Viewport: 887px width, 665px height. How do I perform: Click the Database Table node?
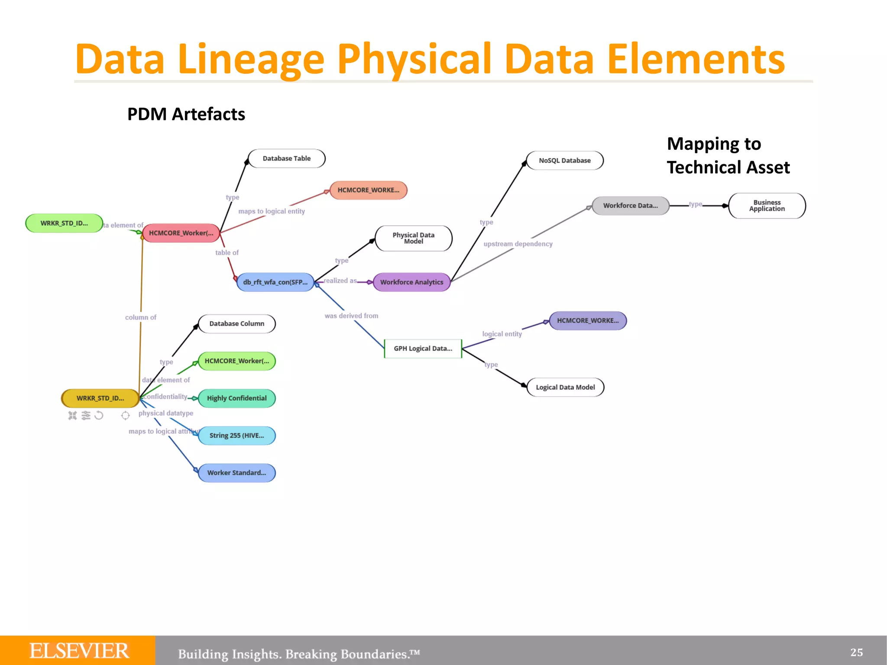286,158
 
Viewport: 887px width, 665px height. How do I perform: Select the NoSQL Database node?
564,161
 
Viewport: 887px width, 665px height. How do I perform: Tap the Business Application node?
767,206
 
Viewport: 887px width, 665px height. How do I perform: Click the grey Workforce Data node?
630,206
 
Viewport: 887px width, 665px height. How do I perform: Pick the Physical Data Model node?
413,238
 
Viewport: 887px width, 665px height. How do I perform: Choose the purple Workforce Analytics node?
411,282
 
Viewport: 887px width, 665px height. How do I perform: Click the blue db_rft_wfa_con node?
275,282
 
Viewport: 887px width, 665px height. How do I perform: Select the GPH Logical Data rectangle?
423,349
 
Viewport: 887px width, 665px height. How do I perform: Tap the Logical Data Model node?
565,387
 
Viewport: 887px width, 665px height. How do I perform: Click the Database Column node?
236,324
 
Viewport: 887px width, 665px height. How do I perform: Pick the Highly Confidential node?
236,398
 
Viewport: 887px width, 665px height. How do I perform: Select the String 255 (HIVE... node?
236,436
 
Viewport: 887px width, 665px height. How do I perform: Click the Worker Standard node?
236,473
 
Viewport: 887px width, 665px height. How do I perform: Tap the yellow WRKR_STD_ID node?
100,398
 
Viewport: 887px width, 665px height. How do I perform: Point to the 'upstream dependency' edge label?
518,244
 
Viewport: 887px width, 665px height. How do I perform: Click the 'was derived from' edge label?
351,316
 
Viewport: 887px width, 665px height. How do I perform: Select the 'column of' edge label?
141,317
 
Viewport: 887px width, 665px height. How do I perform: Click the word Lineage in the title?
251,59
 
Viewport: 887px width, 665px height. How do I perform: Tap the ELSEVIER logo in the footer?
79,651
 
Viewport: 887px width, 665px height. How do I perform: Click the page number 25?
856,652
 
